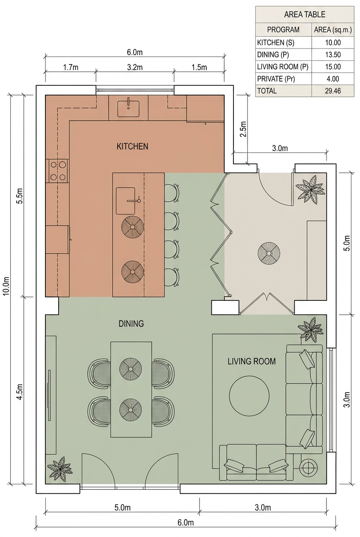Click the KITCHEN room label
pyautogui.click(x=132, y=146)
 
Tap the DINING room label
pyautogui.click(x=131, y=324)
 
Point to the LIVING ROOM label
pyautogui.click(x=251, y=361)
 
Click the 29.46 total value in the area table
pyautogui.click(x=333, y=91)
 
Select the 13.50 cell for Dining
pyautogui.click(x=333, y=55)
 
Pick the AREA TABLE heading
pyautogui.click(x=305, y=14)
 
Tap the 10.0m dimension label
pyautogui.click(x=6, y=286)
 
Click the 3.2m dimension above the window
pyautogui.click(x=135, y=68)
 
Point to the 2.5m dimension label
pyautogui.click(x=243, y=129)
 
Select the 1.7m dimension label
pyautogui.click(x=70, y=68)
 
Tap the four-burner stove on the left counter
pyautogui.click(x=58, y=171)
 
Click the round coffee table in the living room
pyautogui.click(x=249, y=396)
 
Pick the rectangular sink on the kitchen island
pyautogui.click(x=126, y=201)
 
